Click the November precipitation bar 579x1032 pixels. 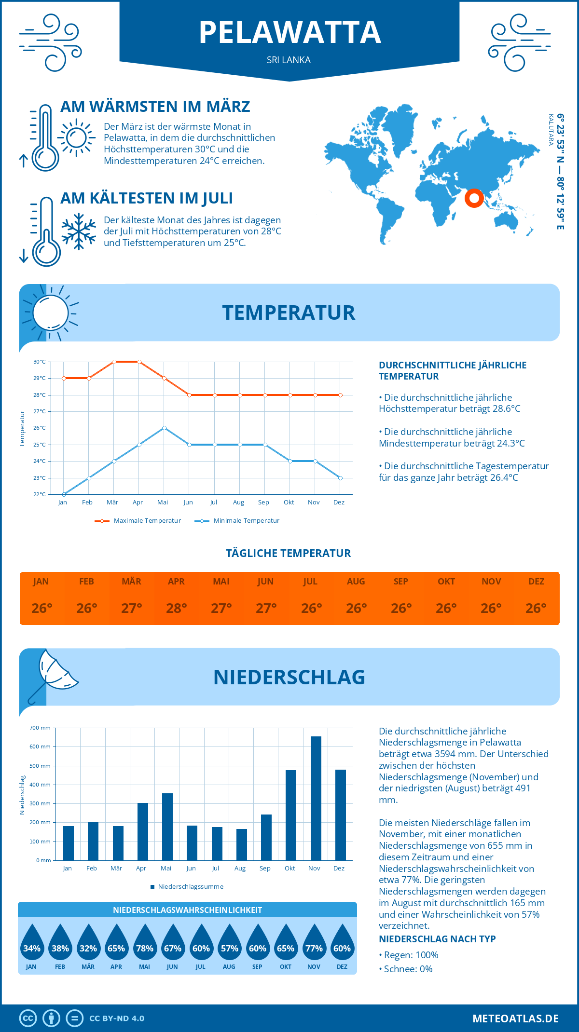[316, 798]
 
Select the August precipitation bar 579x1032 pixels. [242, 844]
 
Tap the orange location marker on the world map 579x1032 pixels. [474, 198]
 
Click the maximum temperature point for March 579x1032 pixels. [114, 362]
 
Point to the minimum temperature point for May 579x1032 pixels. [164, 428]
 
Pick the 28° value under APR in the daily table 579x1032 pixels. [177, 609]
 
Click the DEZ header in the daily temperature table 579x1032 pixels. [536, 582]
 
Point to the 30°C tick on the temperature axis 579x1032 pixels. [40, 362]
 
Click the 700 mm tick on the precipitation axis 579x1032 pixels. [41, 728]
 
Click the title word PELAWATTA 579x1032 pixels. [289, 32]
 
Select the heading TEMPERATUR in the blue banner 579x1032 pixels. [289, 312]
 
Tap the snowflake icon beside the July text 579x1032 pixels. [79, 231]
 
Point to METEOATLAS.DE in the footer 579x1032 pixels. [515, 1018]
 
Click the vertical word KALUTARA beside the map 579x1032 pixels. [551, 130]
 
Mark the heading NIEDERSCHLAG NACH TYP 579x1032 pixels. [437, 939]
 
